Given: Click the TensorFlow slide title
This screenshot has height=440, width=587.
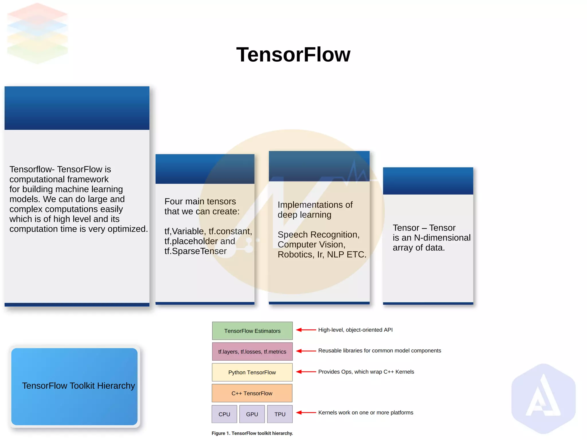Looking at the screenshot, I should click(x=293, y=54).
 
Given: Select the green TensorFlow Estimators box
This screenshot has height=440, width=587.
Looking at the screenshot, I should click(x=252, y=331).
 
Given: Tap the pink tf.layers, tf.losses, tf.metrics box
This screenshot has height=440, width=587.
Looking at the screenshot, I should click(x=252, y=352).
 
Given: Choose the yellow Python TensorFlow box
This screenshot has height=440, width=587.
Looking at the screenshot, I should click(x=252, y=372).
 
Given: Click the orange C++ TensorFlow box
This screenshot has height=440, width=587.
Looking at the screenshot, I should click(x=252, y=393).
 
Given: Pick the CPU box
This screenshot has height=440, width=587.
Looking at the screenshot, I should click(x=224, y=414).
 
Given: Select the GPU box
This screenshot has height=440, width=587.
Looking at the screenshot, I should click(x=252, y=414).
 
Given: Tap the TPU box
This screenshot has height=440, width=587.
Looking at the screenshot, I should click(x=280, y=414).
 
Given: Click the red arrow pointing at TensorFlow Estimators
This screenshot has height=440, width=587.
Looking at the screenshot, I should click(x=306, y=330).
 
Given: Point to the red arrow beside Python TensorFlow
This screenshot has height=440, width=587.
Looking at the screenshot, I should click(x=306, y=372).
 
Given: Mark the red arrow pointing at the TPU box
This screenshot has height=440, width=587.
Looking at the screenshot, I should click(x=306, y=413).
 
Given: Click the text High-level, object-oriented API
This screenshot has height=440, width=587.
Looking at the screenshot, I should click(x=355, y=330).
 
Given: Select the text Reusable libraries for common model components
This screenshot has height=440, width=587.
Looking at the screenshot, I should click(x=379, y=351).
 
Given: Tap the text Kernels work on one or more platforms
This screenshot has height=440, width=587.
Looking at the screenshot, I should click(x=366, y=413).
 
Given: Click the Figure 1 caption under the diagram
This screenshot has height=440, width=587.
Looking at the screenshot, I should click(x=252, y=433).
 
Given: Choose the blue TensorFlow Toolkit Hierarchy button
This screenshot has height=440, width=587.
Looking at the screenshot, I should click(x=75, y=386).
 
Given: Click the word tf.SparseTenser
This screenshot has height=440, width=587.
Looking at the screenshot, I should click(x=195, y=251).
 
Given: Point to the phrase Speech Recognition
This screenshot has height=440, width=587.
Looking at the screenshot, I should click(x=318, y=234).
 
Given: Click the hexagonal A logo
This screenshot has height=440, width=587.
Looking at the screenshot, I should click(x=543, y=398).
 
